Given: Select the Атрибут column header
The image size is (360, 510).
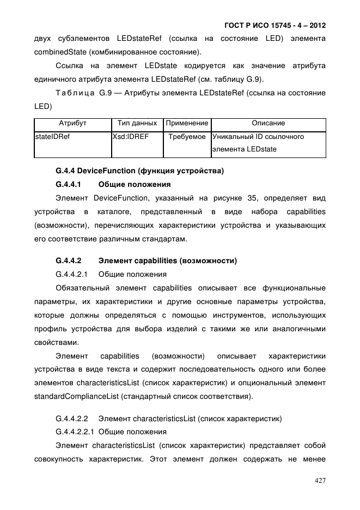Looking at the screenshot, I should point(72,123).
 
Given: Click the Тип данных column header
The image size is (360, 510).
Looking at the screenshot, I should point(137,123).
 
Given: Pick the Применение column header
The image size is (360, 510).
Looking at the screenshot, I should point(187,123).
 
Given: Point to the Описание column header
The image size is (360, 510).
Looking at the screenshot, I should point(268,123).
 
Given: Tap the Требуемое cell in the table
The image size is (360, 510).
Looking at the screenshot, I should point(187,137).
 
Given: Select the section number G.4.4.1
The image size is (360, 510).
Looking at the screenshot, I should point(69,184).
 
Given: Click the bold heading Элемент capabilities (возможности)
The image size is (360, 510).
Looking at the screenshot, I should point(167,260).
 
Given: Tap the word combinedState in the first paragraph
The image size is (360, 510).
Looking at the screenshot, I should point(59,52).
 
